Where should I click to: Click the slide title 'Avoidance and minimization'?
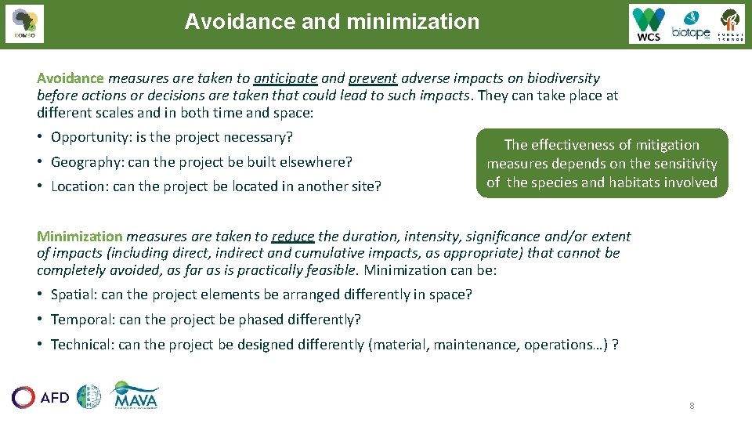pos(331,22)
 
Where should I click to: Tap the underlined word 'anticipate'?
pos(285,78)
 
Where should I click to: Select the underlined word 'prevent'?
pos(373,78)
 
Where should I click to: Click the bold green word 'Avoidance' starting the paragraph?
pos(70,78)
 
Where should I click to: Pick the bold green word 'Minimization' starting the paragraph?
pos(80,236)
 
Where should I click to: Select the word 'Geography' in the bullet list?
pos(85,162)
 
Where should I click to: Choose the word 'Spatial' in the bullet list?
pos(74,295)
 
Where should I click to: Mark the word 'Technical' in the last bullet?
pos(81,345)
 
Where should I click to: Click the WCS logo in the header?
pos(649,24)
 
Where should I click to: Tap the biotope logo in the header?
pos(690,25)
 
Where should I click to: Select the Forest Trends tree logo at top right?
pos(730,24)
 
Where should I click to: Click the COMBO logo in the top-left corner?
pos(23,24)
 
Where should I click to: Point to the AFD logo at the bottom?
pos(41,397)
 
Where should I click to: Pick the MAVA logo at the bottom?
pos(136,396)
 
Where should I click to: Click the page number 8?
pos(692,406)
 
